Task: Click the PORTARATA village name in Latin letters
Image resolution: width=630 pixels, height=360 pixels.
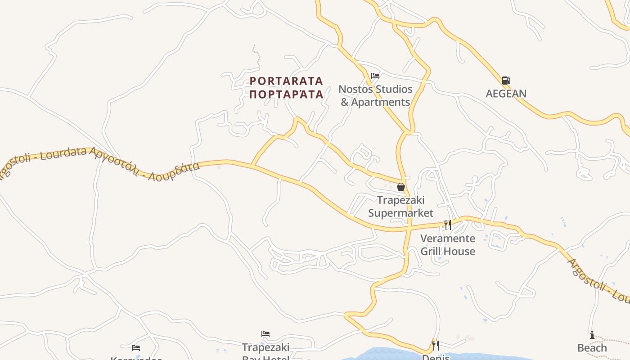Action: pyautogui.click(x=286, y=81)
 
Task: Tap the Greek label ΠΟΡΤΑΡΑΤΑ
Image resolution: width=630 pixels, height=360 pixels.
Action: pyautogui.click(x=286, y=94)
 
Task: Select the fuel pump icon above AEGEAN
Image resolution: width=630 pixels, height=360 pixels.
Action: pyautogui.click(x=506, y=81)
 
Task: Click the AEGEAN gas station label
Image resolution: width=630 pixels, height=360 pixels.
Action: pyautogui.click(x=506, y=94)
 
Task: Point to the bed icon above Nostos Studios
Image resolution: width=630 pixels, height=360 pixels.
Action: pyautogui.click(x=375, y=76)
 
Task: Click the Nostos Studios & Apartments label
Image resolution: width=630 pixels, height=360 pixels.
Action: pyautogui.click(x=375, y=95)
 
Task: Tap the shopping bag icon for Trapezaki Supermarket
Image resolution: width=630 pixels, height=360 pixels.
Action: pyautogui.click(x=400, y=186)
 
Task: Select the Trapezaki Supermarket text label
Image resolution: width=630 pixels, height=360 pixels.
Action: pyautogui.click(x=400, y=207)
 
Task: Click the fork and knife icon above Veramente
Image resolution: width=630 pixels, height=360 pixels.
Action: pyautogui.click(x=447, y=225)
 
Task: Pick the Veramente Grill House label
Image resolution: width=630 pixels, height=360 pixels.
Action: pyautogui.click(x=448, y=245)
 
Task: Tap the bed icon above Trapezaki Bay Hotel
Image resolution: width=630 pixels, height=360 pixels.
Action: pyautogui.click(x=265, y=334)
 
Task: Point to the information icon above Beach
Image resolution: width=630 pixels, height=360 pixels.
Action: pyautogui.click(x=592, y=335)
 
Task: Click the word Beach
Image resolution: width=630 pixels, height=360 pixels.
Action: pyautogui.click(x=592, y=348)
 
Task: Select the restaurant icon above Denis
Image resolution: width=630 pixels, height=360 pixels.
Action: pyautogui.click(x=435, y=345)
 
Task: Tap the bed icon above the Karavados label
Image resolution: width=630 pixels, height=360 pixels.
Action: pyautogui.click(x=136, y=347)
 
